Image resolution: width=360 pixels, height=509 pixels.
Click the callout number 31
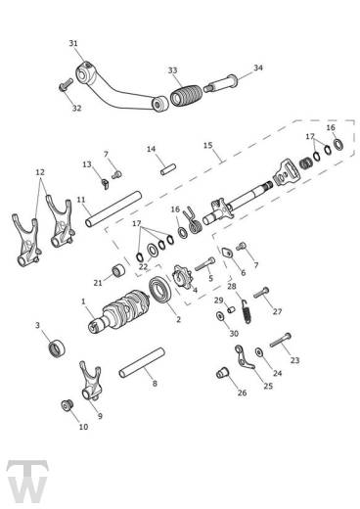(x=73, y=43)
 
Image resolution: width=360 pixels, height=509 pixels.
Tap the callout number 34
(x=231, y=69)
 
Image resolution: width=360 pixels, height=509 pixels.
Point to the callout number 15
(x=207, y=145)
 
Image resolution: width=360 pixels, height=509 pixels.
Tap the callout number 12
(x=39, y=172)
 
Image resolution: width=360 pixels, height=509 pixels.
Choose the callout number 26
(x=241, y=393)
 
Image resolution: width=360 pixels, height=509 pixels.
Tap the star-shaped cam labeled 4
(x=184, y=277)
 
